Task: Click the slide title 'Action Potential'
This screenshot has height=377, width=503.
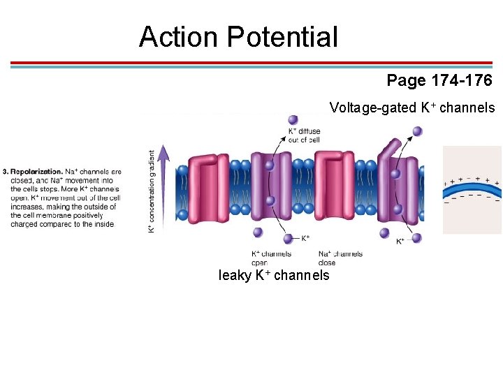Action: pos(238,37)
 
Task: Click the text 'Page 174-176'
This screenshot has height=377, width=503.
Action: pos(439,80)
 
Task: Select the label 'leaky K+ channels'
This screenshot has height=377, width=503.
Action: pos(274,275)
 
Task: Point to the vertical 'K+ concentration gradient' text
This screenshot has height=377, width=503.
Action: pos(152,191)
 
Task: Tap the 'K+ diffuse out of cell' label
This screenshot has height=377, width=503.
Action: pos(304,135)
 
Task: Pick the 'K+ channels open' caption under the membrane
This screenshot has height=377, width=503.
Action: pos(271,258)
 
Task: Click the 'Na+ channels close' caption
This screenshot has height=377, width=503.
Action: pos(340,258)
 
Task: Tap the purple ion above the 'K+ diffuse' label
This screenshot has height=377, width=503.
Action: pos(293,120)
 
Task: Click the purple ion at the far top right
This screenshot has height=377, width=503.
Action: pos(418,131)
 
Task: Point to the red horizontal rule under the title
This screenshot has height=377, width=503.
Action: pos(251,63)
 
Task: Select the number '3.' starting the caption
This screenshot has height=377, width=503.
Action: pos(6,171)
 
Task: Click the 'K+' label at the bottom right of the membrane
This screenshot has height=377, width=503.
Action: pos(401,242)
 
